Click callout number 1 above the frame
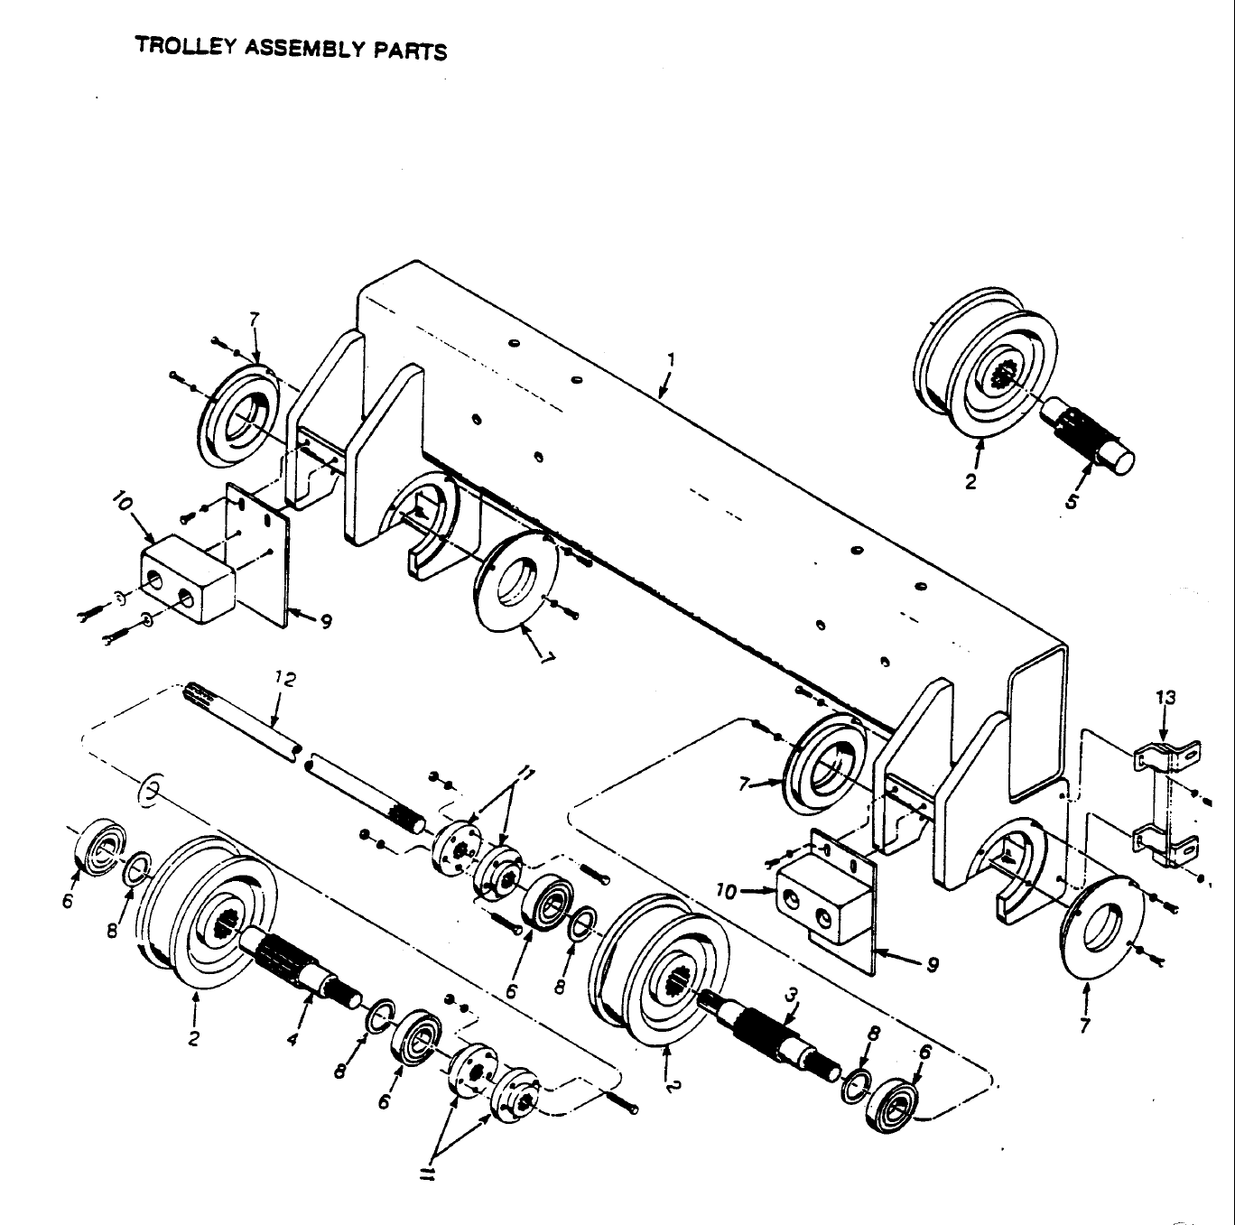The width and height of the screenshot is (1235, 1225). point(669,359)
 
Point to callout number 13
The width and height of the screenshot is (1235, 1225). point(1165,698)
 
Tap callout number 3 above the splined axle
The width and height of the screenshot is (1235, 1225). point(791,995)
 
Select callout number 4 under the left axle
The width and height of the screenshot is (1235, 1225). point(292,1039)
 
